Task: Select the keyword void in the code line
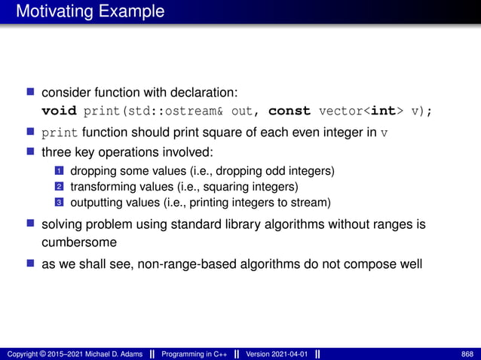[x=60, y=111]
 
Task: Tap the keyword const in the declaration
[x=290, y=111]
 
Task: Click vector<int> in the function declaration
[x=363, y=111]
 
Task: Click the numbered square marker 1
[x=56, y=171]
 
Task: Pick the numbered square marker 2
[x=56, y=187]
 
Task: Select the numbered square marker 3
[x=56, y=202]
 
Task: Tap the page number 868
[x=466, y=354]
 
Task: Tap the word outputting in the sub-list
[x=93, y=202]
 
